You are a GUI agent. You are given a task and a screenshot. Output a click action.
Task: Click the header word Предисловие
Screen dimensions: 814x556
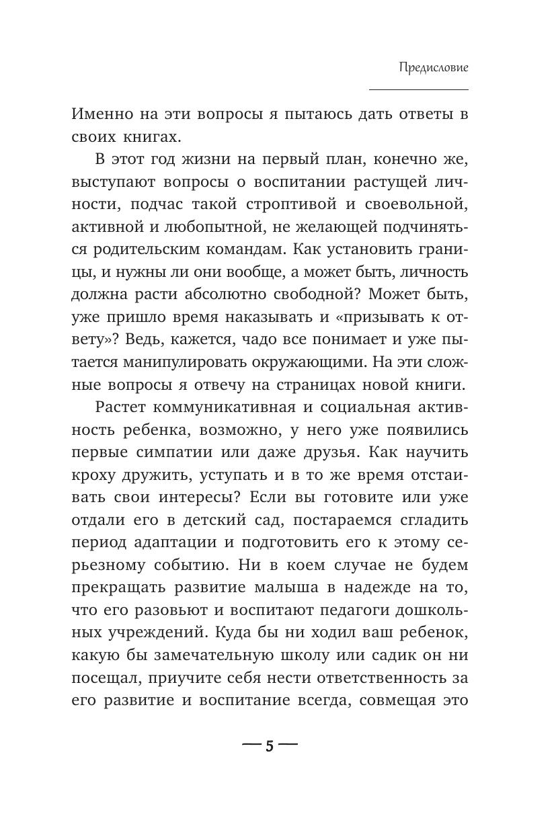click(x=433, y=67)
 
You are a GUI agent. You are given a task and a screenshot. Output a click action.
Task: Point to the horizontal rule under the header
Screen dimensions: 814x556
click(x=418, y=89)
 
